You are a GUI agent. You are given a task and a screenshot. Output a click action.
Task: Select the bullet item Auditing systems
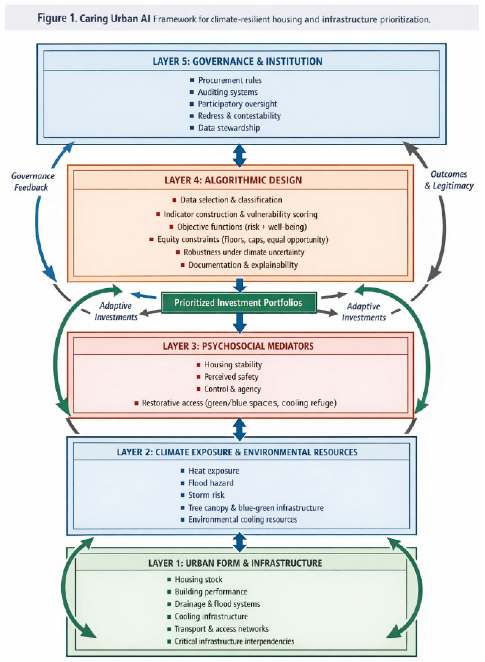[228, 92]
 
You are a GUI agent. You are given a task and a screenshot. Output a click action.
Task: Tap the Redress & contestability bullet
[239, 116]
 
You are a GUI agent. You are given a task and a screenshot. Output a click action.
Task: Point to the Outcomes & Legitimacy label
[449, 180]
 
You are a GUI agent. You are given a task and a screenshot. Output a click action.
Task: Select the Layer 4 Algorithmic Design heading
[233, 180]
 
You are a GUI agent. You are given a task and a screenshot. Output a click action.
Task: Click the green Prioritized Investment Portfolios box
[238, 302]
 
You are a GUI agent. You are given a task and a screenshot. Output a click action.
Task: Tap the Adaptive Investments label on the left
[116, 311]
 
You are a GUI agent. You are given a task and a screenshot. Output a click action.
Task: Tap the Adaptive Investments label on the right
[363, 312]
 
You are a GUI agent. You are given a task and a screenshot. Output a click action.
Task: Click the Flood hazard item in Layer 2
[211, 483]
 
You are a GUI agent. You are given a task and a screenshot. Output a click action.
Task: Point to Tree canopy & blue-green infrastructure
[256, 508]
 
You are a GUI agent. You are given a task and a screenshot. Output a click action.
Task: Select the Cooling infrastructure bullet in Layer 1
[211, 616]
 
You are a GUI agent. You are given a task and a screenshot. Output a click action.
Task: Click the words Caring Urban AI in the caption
[115, 19]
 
